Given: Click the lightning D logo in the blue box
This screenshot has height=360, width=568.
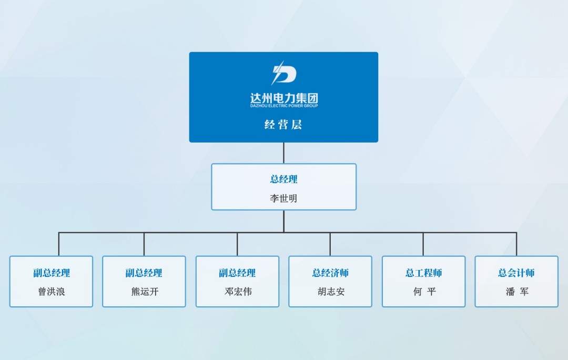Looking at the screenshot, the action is (x=284, y=73).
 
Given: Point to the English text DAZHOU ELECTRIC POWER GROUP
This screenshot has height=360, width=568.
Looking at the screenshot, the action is (x=284, y=106).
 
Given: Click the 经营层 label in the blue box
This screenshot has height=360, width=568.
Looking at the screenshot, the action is (x=283, y=125).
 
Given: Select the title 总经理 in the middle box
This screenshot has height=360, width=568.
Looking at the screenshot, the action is (x=283, y=179).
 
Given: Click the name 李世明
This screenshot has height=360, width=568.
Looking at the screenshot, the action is (x=283, y=198).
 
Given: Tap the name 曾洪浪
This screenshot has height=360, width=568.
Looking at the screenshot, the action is (x=52, y=292).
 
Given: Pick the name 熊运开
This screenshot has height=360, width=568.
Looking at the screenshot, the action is (x=145, y=292).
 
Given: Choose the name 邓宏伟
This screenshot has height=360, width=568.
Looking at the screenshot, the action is (x=238, y=292).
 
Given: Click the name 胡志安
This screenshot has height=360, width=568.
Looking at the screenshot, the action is (x=331, y=292).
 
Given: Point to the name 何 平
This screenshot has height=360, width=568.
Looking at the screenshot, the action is (x=424, y=292).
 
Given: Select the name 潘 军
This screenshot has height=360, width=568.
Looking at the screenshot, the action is (x=518, y=292).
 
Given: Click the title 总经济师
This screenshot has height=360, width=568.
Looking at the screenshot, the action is (x=330, y=273).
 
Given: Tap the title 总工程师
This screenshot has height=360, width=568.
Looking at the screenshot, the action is (x=423, y=273).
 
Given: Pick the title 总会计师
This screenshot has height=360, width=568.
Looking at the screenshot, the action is (x=516, y=273).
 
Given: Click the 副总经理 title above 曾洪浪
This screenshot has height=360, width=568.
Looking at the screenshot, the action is (x=52, y=273).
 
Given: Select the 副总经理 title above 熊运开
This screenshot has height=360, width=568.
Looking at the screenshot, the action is (x=144, y=273).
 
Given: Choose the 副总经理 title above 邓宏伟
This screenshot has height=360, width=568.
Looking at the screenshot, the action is (x=237, y=273).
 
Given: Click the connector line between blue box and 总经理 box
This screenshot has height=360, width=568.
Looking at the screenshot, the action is (x=283, y=153).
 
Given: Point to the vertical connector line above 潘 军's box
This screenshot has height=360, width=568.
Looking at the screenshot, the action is (x=516, y=244).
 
